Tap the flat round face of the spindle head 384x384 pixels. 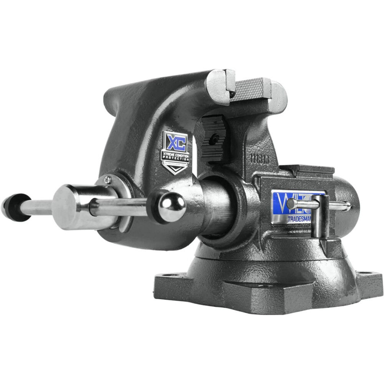point(65,208)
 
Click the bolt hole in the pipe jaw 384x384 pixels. point(216,137)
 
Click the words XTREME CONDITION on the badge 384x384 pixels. point(175,155)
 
